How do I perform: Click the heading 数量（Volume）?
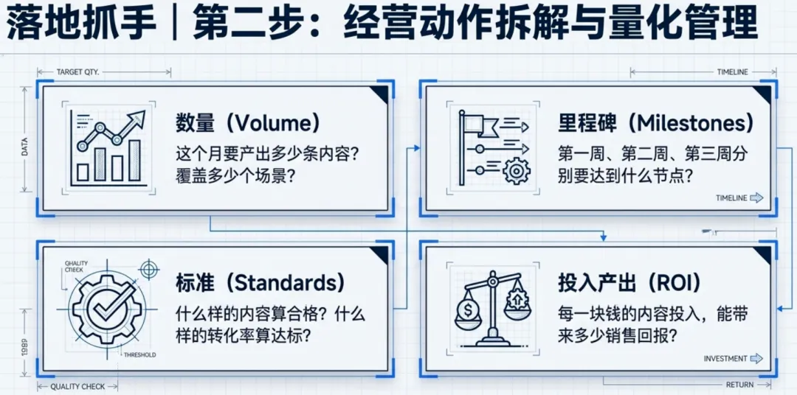click(247, 122)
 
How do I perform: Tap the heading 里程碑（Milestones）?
click(656, 122)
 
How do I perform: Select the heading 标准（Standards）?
click(261, 282)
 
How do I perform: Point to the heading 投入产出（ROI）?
click(629, 282)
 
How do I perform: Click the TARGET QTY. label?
click(77, 72)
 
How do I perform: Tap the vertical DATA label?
click(25, 147)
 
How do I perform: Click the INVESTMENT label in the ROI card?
click(725, 359)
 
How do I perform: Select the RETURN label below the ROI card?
click(739, 385)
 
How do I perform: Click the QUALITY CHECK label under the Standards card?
click(77, 386)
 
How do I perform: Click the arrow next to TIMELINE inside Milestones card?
click(756, 198)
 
